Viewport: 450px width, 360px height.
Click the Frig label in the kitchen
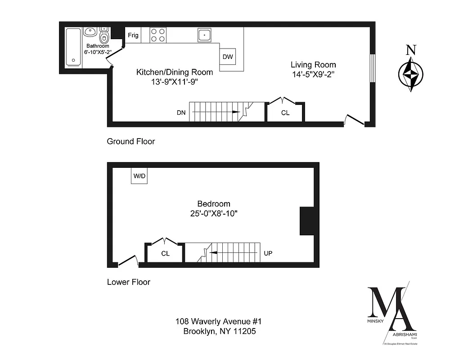133,35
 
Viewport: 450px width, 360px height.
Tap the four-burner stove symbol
157,35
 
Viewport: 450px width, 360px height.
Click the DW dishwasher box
227,57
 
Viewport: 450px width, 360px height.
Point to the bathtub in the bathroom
73,46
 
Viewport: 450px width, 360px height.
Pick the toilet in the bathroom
104,37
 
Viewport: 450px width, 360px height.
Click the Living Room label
313,65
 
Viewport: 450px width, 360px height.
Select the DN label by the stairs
181,112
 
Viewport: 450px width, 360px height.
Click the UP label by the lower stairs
268,253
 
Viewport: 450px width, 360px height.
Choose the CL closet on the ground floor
285,112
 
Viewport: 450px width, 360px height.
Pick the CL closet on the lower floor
165,253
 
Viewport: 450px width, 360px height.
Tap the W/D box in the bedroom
139,176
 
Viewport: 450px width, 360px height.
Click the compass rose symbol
410,74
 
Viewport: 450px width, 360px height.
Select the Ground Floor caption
130,141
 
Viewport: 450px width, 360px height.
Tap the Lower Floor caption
128,283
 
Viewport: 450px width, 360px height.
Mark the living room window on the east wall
372,68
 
